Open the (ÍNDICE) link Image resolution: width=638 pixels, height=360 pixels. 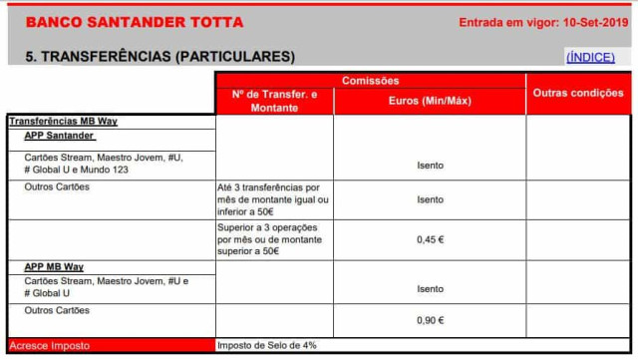pos(591,57)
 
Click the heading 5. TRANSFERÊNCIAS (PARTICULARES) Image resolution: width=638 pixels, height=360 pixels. pos(159,57)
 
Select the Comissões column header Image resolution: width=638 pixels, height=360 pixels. pos(371,80)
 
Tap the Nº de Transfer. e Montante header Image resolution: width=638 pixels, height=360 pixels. pos(274,101)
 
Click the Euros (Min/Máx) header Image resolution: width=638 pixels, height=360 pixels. pos(430,101)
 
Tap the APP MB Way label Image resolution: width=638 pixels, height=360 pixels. pos(54,267)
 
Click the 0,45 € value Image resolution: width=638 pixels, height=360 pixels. pos(430,239)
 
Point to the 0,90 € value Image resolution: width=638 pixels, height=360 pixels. pos(430,320)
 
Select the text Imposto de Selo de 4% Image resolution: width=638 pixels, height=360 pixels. pos(267,346)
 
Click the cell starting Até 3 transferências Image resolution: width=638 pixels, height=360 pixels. pos(274,199)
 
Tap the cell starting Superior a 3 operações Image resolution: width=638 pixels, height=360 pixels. pos(274,239)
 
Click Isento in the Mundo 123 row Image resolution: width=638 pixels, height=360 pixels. pos(430,165)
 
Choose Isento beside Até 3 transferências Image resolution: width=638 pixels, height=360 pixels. pos(430,199)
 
